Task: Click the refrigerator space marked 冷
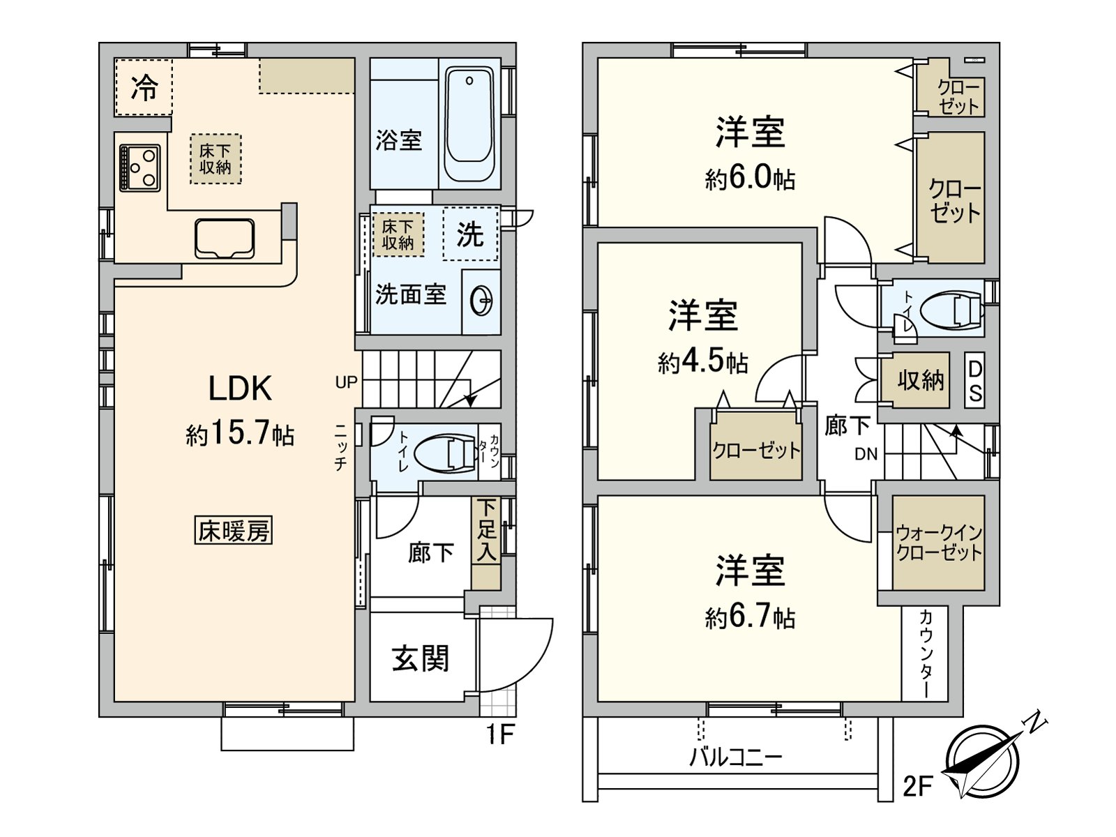(x=144, y=87)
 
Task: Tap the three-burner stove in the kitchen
(x=139, y=168)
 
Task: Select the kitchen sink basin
(x=224, y=239)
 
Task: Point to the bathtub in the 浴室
(x=469, y=124)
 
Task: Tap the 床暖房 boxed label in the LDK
(x=234, y=531)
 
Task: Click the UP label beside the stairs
(x=346, y=382)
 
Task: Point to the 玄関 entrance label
(x=421, y=658)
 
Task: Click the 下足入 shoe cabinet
(x=486, y=543)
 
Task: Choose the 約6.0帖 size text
(x=750, y=179)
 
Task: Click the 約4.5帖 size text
(x=702, y=362)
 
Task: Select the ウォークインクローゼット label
(x=939, y=543)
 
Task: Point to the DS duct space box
(x=975, y=381)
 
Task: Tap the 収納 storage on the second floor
(x=920, y=380)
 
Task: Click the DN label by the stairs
(x=866, y=454)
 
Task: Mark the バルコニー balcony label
(x=735, y=757)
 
